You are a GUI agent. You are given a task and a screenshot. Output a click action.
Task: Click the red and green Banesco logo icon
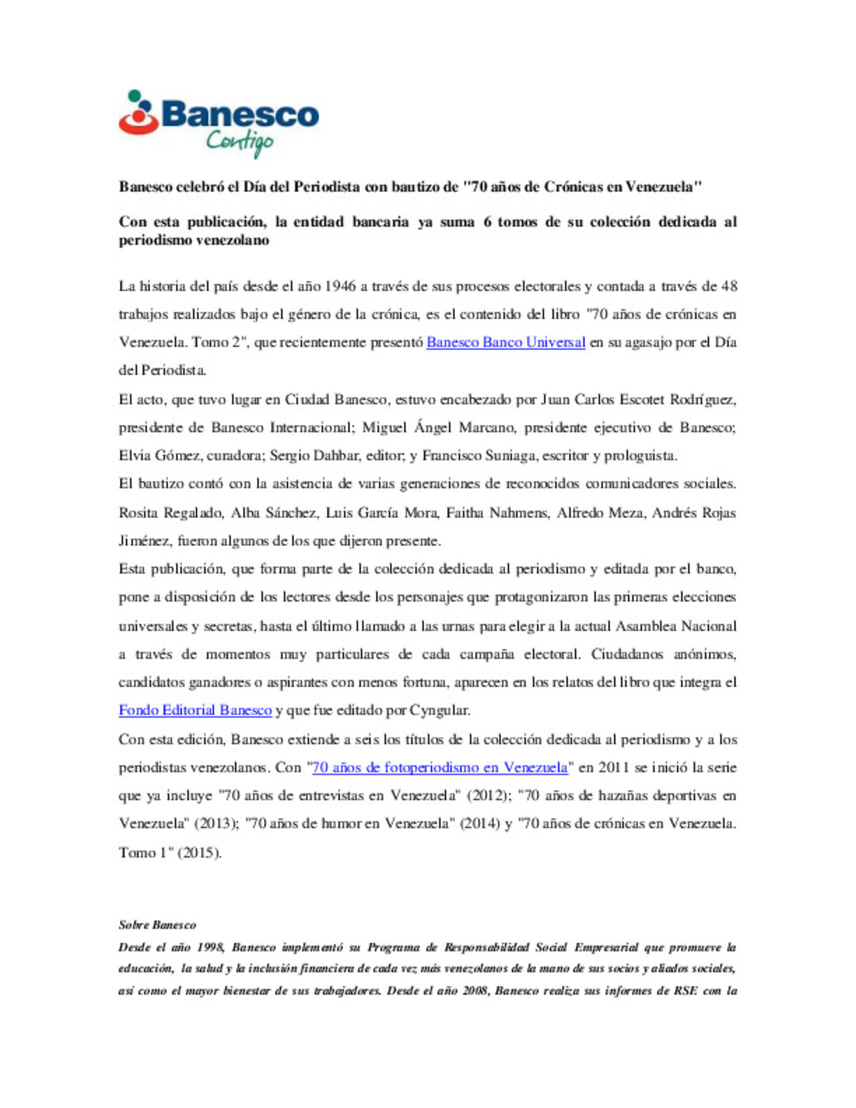[139, 113]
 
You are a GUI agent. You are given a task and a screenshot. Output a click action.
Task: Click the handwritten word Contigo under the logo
[239, 142]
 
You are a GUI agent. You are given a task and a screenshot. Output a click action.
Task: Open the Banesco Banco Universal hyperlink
[506, 342]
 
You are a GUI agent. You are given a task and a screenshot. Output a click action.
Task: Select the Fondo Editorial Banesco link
[195, 710]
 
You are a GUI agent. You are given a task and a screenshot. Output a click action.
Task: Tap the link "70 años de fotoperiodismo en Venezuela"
[440, 767]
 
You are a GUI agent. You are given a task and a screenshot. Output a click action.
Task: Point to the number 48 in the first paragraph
[728, 286]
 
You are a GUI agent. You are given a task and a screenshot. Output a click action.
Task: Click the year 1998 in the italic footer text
[210, 947]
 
